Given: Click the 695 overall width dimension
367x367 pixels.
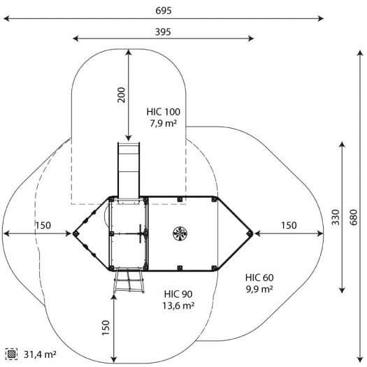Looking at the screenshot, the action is pyautogui.click(x=164, y=10).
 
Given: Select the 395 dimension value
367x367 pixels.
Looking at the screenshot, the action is pyautogui.click(x=163, y=32).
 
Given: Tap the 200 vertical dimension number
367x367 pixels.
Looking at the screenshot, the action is pyautogui.click(x=122, y=95).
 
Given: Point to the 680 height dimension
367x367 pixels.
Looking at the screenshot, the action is pyautogui.click(x=354, y=217).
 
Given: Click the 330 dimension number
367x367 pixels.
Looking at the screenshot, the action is pyautogui.click(x=336, y=217).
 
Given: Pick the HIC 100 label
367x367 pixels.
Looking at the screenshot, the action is pyautogui.click(x=164, y=112).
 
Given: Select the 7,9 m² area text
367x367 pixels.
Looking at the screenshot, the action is pyautogui.click(x=163, y=123).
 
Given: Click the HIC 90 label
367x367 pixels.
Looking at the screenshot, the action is pyautogui.click(x=178, y=294).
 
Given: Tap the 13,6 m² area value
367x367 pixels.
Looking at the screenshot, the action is pyautogui.click(x=178, y=305).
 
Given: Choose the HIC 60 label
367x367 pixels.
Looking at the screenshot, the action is pyautogui.click(x=259, y=278).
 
